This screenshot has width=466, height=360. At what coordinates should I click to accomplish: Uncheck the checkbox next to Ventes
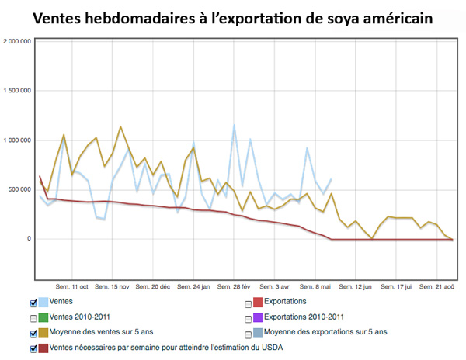pos(32,303)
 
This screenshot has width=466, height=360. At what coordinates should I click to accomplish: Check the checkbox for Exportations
pos(248,303)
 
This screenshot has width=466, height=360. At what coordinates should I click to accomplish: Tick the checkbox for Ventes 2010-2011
pos(32,318)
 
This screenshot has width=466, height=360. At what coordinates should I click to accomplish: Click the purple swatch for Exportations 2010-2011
pos(258,318)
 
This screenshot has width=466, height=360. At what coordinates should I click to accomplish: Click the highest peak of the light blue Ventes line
pos(234,125)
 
